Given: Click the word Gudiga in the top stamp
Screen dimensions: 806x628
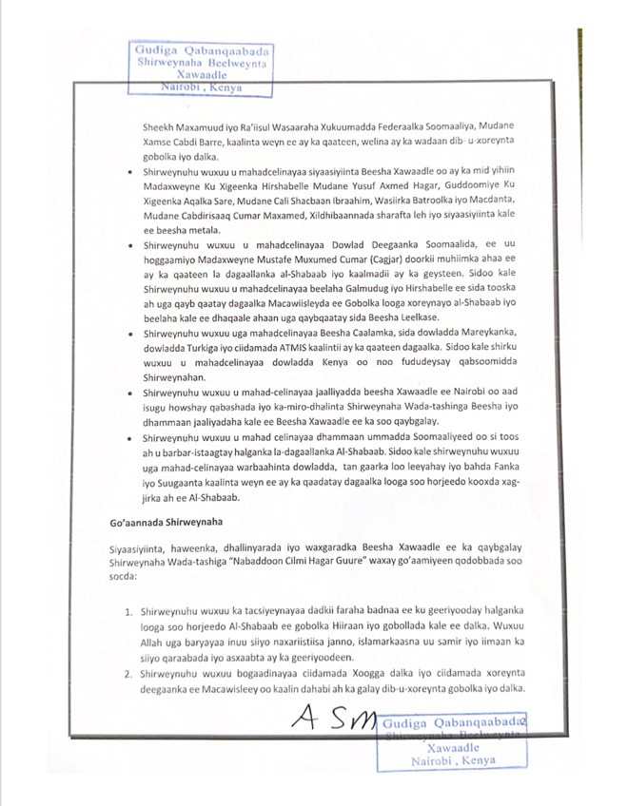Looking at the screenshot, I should coord(157,49).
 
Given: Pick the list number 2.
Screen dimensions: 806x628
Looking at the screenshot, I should coord(128,675).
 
